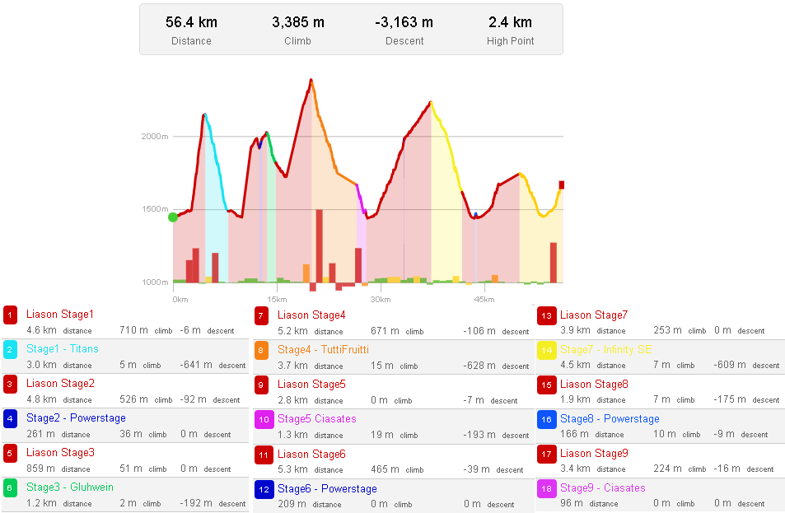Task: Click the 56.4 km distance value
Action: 191,22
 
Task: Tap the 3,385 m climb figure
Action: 298,22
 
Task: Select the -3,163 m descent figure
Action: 404,22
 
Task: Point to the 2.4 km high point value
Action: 510,22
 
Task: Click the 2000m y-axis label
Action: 155,137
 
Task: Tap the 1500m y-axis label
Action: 155,209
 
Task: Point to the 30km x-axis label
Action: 380,299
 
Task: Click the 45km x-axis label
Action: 484,299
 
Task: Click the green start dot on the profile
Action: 173,217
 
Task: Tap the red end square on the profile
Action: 562,184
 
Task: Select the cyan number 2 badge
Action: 10,349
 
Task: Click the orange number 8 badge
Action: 261,350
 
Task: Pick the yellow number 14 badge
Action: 544,350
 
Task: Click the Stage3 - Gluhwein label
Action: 70,487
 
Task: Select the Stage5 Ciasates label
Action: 316,419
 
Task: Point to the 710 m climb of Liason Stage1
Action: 133,330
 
